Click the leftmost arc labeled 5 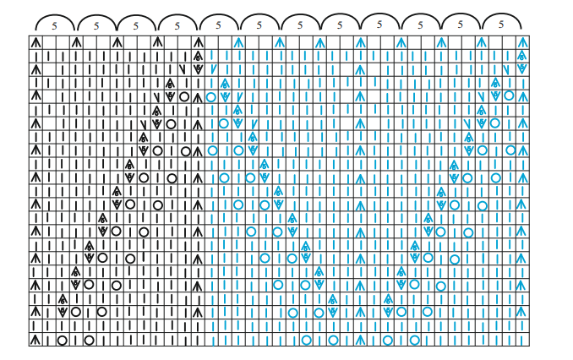point(55,23)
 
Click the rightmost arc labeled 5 point(502,22)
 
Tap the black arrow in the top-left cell point(35,42)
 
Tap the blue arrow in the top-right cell point(522,42)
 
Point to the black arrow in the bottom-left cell point(35,340)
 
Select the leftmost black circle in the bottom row point(63,341)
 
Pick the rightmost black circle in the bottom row point(90,341)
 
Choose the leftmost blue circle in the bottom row point(306,341)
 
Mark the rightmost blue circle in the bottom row point(414,341)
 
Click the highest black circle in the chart point(184,97)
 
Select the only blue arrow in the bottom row point(360,340)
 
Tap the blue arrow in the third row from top point(360,69)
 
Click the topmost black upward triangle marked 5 point(198,56)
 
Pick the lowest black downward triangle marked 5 point(63,313)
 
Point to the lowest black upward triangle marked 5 point(63,299)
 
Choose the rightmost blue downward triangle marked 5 point(522,69)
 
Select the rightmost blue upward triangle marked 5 point(522,56)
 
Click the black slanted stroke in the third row point(183,69)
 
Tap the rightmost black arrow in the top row point(198,42)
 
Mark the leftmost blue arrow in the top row point(238,42)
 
